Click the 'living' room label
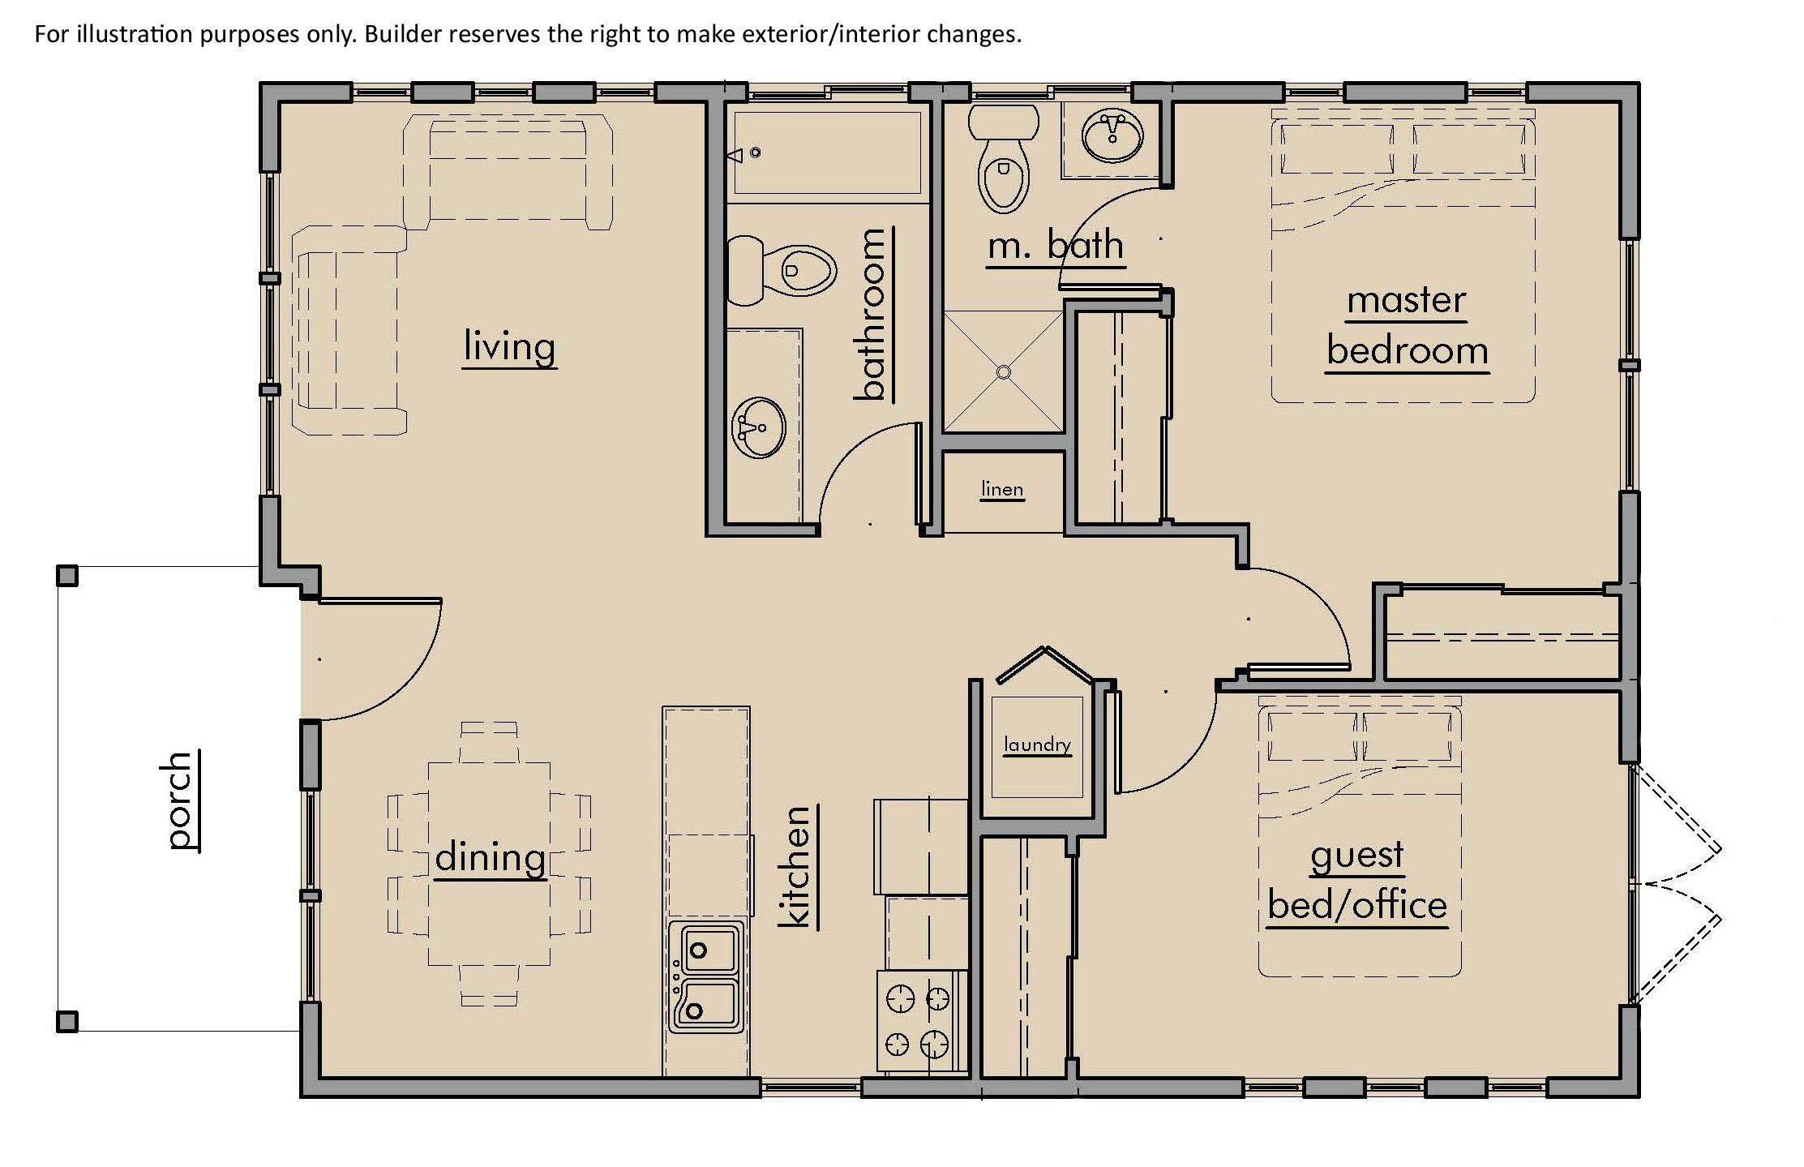click(x=509, y=347)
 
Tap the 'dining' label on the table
click(x=490, y=858)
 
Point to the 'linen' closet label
click(x=1002, y=489)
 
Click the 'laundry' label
click(x=1037, y=744)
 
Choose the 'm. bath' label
click(x=1056, y=245)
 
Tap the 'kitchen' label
click(x=795, y=866)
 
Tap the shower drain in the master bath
click(x=1004, y=372)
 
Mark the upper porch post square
click(x=67, y=576)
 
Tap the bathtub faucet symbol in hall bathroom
click(x=743, y=153)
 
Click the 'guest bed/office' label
click(x=1357, y=881)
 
